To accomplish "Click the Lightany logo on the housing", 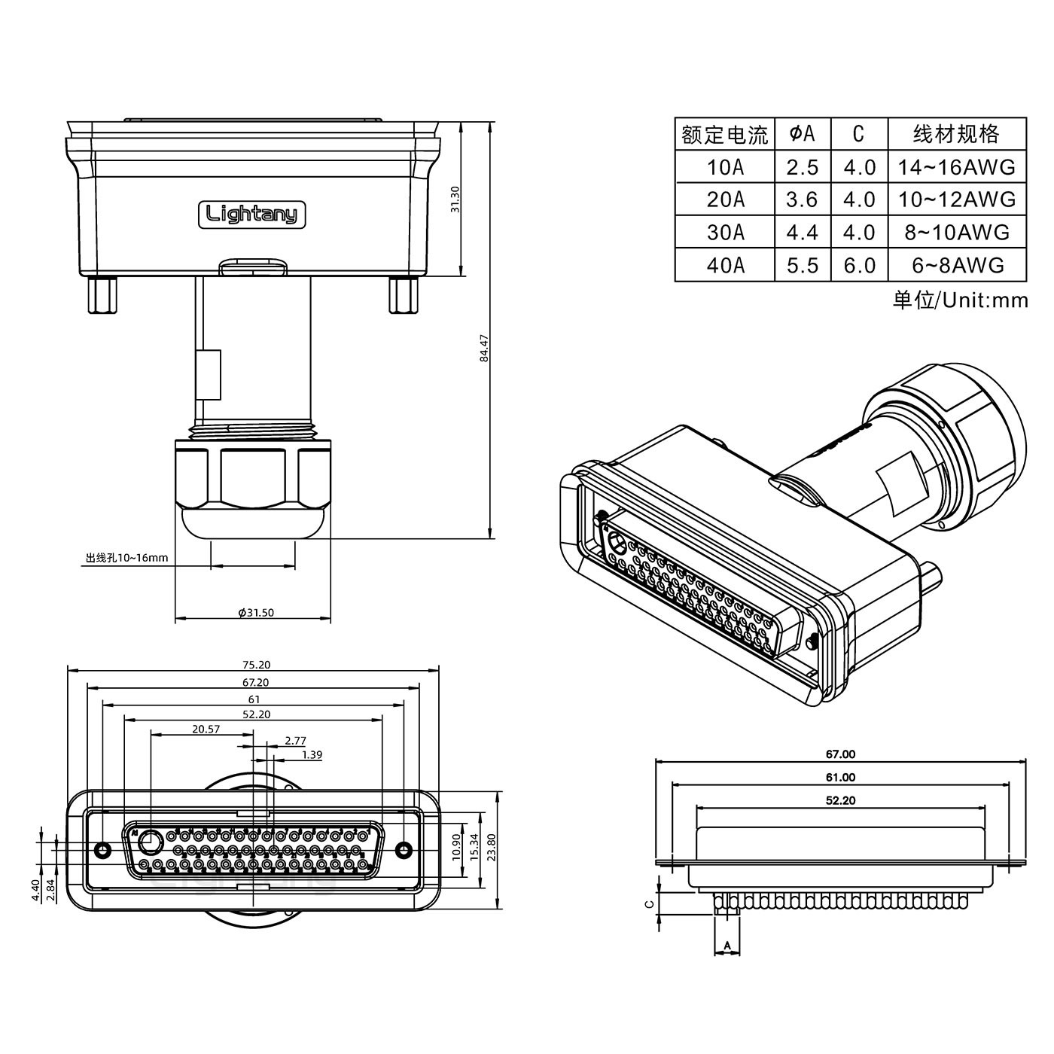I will (x=252, y=215).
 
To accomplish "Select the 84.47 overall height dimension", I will (x=485, y=348).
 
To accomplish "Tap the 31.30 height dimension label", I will (x=455, y=199).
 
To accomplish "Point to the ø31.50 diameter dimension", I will (x=256, y=613).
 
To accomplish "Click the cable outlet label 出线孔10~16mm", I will (x=126, y=558).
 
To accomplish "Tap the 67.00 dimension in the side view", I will (x=840, y=754).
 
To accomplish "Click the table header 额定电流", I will (x=724, y=135).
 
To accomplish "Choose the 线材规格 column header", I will (x=956, y=134).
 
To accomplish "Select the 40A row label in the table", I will (x=725, y=265).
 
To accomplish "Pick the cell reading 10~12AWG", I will (x=956, y=200).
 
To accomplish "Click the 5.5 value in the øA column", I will (x=802, y=265).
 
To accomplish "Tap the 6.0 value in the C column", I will (x=859, y=265).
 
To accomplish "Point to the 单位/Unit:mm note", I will (x=960, y=300).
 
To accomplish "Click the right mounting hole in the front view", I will (x=404, y=850).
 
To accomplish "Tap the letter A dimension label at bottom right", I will (x=727, y=945).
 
